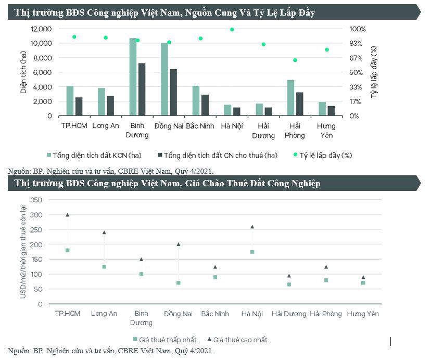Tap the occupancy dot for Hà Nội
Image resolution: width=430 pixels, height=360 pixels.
coord(232,30)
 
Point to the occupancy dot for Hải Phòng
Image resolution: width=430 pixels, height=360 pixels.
coord(295,60)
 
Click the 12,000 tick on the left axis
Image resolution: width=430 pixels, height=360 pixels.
coord(41,29)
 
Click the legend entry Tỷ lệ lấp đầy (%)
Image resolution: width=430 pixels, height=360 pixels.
coord(326,155)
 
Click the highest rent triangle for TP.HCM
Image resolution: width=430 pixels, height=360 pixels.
coord(67,214)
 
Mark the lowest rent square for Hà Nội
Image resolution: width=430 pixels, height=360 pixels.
coord(252,252)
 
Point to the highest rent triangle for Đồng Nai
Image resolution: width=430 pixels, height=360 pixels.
coord(179,244)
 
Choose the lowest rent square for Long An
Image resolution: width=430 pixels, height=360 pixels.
coord(104,267)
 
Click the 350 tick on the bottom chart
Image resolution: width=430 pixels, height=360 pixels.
coord(36,200)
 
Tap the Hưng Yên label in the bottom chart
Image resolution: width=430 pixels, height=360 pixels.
coord(363,314)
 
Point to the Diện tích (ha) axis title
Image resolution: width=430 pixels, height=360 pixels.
coord(23,73)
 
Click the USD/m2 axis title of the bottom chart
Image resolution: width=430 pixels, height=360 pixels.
coord(23,252)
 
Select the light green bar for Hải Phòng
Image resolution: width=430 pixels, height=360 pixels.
coord(291,98)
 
